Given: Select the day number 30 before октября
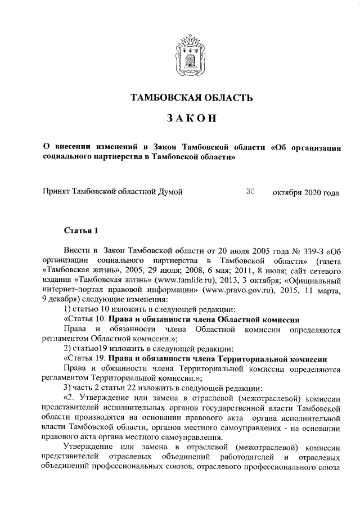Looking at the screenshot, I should coord(251,192).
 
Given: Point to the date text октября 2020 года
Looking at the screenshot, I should coord(306,193).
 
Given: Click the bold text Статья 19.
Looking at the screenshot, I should coord(84,358).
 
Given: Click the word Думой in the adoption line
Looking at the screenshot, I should coord(171,193).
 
